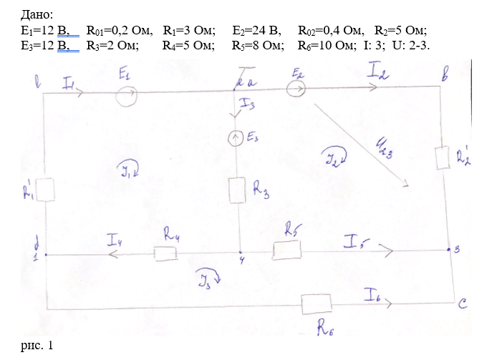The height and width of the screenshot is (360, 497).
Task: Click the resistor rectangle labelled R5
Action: click(x=286, y=251)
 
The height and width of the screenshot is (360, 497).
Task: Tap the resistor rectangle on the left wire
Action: click(x=45, y=190)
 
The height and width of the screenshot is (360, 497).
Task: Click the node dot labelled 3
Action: click(x=448, y=250)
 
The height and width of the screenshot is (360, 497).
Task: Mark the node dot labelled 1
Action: click(x=46, y=254)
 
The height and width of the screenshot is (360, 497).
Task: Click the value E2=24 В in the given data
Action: click(x=258, y=31)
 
